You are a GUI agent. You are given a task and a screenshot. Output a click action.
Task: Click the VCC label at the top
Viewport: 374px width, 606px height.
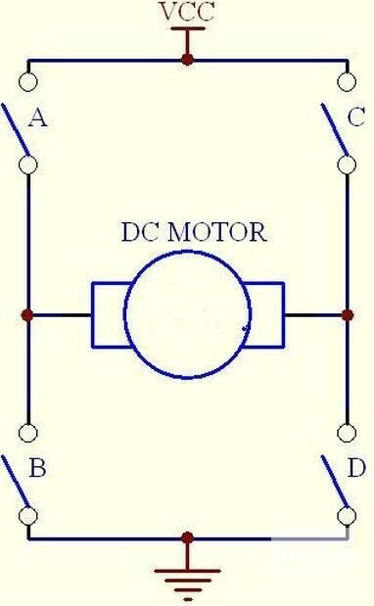point(187,12)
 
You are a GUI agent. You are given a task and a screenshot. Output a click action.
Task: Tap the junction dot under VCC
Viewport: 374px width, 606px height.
point(187,60)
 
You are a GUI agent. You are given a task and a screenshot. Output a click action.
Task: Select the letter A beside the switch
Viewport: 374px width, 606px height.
point(38,117)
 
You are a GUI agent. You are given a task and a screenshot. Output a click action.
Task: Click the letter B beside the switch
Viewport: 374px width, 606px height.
point(37,468)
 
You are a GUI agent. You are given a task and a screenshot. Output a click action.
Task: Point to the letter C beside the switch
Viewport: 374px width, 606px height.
point(355,117)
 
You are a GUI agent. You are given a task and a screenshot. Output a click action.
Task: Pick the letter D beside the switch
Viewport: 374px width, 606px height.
point(356,468)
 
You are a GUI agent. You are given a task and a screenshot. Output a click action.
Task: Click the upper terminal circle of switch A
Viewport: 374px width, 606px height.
point(27,82)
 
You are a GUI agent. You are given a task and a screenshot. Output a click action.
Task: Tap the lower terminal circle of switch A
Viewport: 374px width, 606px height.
point(27,164)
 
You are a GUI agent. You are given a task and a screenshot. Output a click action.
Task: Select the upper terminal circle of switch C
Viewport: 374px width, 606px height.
point(347,82)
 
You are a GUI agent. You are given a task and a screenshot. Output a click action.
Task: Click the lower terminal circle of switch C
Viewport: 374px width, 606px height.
point(347,164)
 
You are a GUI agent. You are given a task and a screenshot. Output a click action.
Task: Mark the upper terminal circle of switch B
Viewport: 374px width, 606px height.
point(27,433)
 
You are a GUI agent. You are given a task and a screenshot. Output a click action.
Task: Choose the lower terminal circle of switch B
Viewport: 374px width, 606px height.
point(27,516)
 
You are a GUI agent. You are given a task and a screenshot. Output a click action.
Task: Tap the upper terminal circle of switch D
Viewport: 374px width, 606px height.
point(347,433)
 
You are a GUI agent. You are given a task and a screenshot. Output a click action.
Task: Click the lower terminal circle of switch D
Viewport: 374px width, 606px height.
point(347,516)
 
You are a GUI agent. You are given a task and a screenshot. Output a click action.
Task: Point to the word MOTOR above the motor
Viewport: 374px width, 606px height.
point(217,232)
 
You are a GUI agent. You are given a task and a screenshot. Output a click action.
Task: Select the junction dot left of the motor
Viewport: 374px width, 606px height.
point(27,315)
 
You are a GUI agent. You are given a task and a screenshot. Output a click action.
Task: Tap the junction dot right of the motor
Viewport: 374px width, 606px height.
point(348,315)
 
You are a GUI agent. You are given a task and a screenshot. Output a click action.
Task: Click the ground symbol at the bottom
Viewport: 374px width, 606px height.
point(187,580)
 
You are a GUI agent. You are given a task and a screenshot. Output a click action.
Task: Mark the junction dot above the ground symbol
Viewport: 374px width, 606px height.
point(187,538)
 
